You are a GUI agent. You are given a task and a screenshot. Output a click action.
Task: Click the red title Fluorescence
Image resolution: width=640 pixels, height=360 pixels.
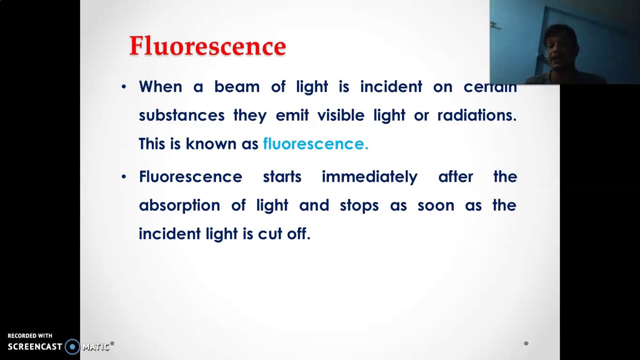(x=207, y=46)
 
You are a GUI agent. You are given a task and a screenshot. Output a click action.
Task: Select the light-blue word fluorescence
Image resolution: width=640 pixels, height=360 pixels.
(x=315, y=144)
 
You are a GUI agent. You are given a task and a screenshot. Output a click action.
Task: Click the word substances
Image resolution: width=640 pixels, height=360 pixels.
(x=181, y=115)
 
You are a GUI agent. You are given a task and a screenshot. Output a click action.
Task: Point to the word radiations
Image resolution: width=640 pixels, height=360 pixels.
(x=476, y=115)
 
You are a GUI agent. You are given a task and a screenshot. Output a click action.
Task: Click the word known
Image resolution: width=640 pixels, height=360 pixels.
(x=210, y=144)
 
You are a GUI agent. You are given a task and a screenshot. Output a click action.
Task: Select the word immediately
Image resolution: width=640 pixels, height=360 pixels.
(x=369, y=177)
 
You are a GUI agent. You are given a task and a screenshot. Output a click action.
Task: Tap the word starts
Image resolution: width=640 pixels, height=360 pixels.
(x=282, y=177)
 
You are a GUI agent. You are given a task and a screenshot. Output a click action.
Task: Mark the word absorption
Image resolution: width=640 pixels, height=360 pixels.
(x=179, y=205)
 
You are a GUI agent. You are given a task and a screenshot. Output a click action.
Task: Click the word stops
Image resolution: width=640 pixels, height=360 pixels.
(x=359, y=205)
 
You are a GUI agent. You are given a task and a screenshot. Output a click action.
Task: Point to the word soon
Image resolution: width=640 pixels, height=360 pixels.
(x=435, y=205)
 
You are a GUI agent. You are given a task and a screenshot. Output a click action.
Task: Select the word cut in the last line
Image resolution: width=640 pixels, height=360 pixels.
(x=269, y=234)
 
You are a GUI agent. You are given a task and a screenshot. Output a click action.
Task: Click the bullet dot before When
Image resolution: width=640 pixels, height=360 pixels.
(x=124, y=87)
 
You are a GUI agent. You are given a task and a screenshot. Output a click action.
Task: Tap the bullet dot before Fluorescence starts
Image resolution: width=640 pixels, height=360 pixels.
(x=124, y=177)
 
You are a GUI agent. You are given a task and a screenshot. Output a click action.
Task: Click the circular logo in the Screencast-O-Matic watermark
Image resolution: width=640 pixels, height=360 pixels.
(x=72, y=346)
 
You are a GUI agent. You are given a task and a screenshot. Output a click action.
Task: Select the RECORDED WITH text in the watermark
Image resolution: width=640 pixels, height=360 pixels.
(x=30, y=336)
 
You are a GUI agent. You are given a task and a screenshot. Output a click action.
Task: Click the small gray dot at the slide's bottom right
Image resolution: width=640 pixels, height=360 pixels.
(x=526, y=343)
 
